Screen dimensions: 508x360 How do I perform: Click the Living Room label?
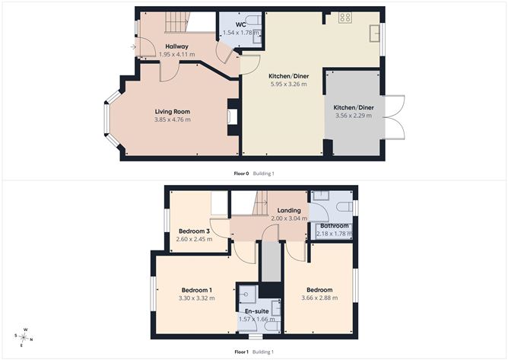[173, 112]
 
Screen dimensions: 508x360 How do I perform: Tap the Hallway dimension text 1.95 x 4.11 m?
[177, 54]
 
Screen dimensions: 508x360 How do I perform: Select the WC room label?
[241, 24]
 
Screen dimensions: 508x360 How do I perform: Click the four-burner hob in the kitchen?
[345, 18]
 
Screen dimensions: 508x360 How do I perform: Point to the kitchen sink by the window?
[374, 33]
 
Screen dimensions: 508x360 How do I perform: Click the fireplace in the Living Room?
[233, 116]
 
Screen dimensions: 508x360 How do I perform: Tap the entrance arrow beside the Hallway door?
[133, 47]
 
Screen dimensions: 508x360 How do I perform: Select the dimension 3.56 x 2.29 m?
[354, 116]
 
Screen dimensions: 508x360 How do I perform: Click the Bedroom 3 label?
[195, 231]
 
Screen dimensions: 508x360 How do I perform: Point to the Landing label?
[289, 211]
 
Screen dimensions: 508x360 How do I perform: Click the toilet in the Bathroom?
[344, 206]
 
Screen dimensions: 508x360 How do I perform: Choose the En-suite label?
[256, 311]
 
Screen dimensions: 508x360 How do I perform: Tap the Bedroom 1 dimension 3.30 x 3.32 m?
[197, 298]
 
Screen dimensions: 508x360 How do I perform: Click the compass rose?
[24, 338]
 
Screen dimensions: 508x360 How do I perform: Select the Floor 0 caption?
[241, 174]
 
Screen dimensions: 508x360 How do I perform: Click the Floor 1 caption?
[242, 352]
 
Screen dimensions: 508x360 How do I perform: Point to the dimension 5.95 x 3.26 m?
[289, 84]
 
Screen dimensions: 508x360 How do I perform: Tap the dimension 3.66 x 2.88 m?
[319, 298]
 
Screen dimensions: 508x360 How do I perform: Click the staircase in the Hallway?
[177, 22]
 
